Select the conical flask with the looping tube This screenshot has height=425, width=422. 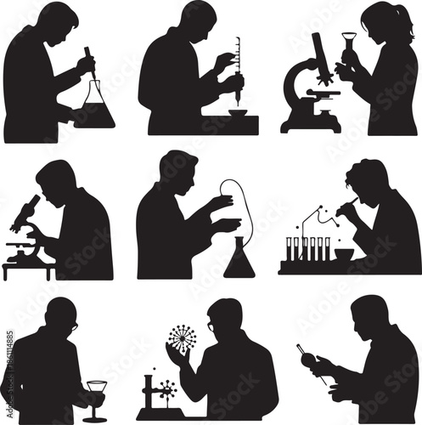coord(239,259)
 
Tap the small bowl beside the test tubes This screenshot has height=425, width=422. coord(343,254)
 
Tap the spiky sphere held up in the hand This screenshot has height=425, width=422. coord(182,338)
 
